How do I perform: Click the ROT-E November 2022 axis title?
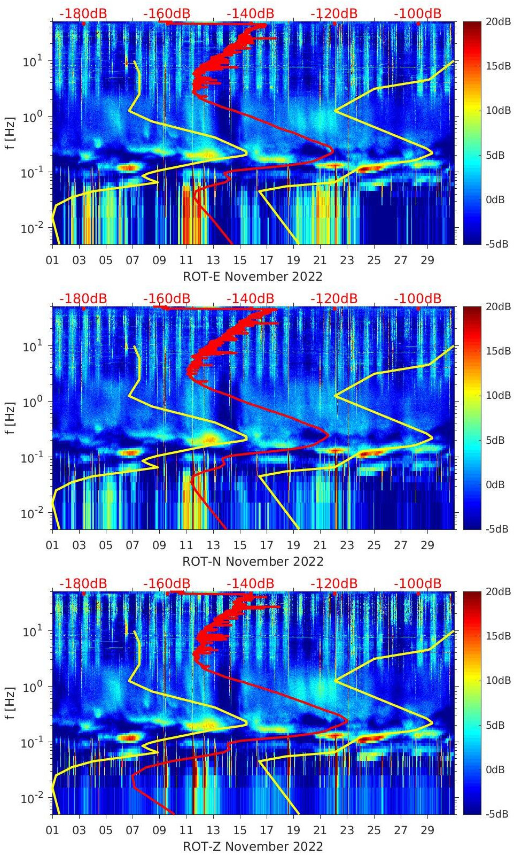tap(253, 276)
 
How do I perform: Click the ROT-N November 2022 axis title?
tap(253, 561)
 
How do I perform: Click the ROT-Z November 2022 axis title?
tap(253, 846)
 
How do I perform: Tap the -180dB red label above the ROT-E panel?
tap(83, 13)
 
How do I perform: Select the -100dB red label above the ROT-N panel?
tap(417, 298)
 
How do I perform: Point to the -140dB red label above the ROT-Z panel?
tap(250, 583)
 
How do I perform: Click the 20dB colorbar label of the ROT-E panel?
tap(495, 21)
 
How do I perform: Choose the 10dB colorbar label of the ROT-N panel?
tap(495, 395)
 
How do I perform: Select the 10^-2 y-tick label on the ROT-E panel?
tap(32, 228)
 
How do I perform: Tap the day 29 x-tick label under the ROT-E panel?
tap(427, 260)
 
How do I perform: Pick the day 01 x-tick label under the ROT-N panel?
tap(52, 545)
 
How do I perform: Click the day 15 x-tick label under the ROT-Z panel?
tap(240, 830)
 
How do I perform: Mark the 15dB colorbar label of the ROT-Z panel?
tap(495, 636)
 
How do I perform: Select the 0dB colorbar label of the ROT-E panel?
tap(495, 199)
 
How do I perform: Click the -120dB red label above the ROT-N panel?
tap(334, 298)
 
